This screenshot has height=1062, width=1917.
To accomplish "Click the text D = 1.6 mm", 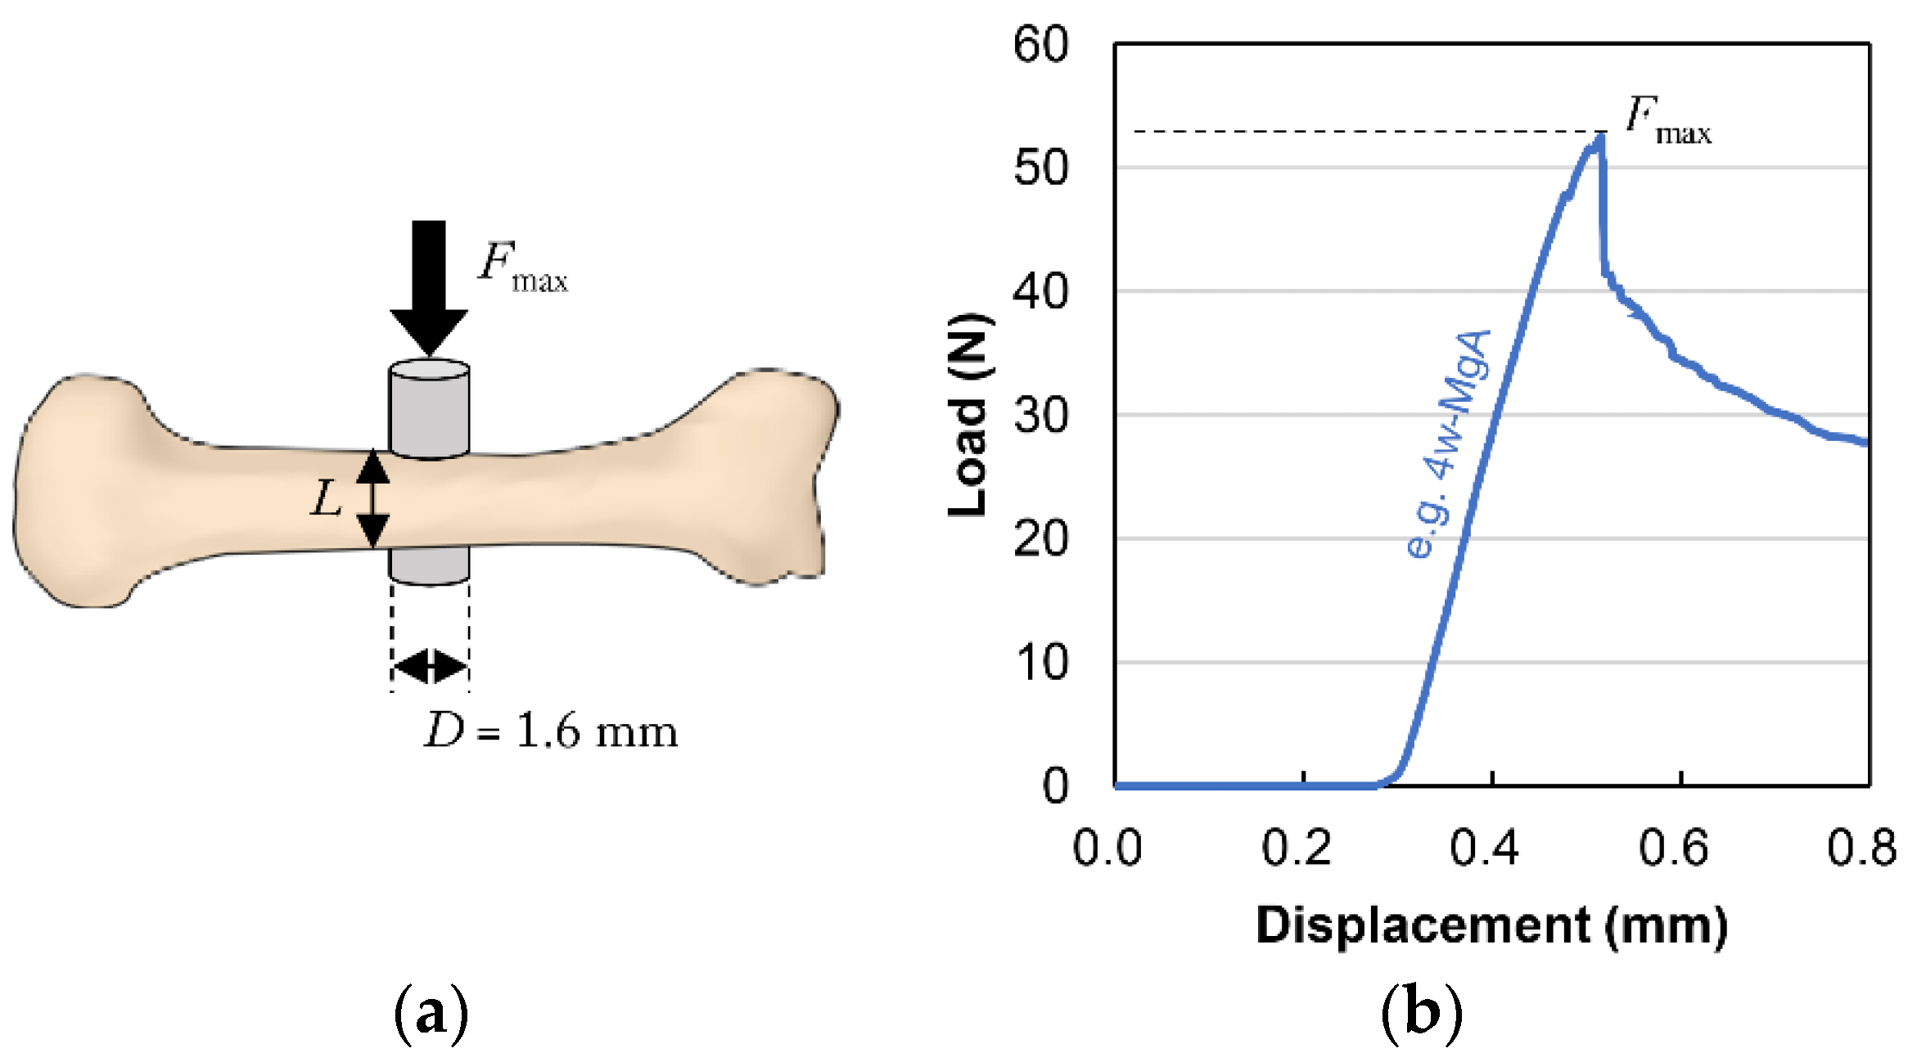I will [551, 730].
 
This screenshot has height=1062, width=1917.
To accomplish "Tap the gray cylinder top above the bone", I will [429, 405].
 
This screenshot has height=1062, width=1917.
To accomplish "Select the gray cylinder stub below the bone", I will [429, 565].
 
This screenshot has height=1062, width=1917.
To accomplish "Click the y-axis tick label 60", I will [1040, 44].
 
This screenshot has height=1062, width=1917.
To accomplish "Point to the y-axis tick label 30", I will [1040, 416].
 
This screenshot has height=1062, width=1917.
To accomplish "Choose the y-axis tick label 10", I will [1040, 663].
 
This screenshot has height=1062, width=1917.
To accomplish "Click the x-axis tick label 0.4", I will [1485, 848].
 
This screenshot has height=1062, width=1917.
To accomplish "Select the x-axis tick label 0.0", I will [1107, 848].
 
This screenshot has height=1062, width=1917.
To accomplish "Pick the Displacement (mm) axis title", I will [1491, 925].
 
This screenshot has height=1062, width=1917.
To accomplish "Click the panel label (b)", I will [1421, 1013].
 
